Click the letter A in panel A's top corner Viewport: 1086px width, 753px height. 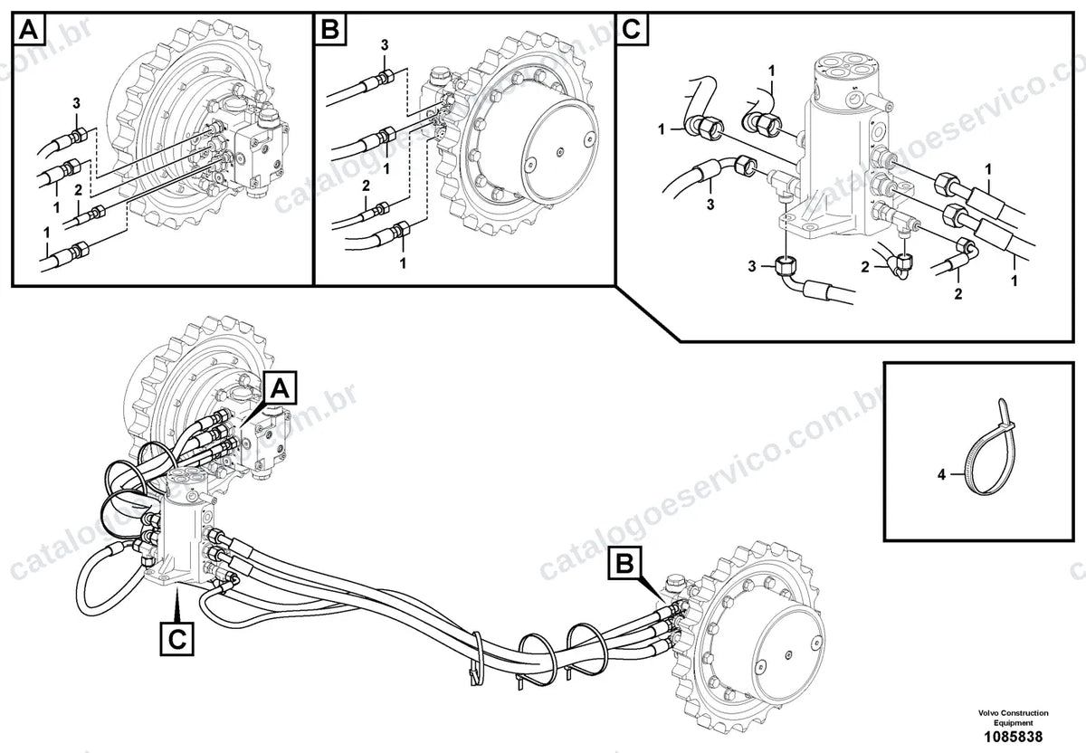pyautogui.click(x=29, y=30)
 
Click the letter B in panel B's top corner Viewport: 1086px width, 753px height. pyautogui.click(x=330, y=30)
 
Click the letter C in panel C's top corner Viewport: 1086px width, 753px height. pyautogui.click(x=632, y=30)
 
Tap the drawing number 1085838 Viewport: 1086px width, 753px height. pyautogui.click(x=1013, y=737)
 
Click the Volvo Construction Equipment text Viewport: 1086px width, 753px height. pyautogui.click(x=1013, y=717)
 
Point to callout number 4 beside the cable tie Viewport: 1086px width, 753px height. pyautogui.click(x=941, y=474)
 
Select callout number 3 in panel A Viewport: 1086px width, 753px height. pyautogui.click(x=76, y=103)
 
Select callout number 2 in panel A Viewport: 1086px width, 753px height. pyautogui.click(x=79, y=191)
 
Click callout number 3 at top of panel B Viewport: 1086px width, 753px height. pyautogui.click(x=385, y=45)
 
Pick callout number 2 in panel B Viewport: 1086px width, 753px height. pyautogui.click(x=366, y=186)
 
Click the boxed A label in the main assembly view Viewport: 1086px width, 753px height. pyautogui.click(x=280, y=388)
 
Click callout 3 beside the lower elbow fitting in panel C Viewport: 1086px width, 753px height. pyautogui.click(x=752, y=266)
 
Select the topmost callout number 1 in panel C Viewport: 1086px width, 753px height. pyautogui.click(x=771, y=71)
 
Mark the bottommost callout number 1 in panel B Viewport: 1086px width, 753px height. pyautogui.click(x=403, y=263)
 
